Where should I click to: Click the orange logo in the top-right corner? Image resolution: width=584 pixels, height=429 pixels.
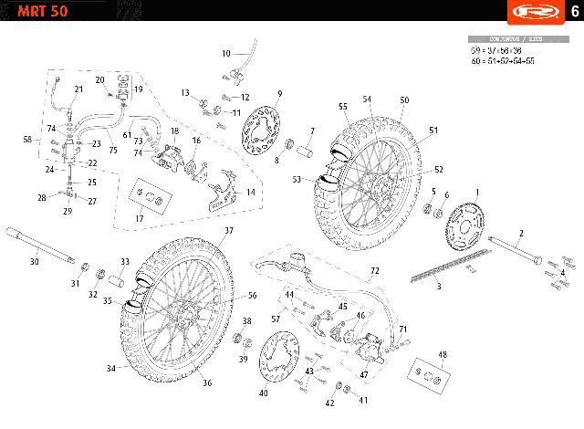click(x=533, y=13)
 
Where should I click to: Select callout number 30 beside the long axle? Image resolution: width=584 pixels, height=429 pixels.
click(x=34, y=262)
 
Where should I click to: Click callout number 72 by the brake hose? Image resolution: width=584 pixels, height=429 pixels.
click(x=374, y=272)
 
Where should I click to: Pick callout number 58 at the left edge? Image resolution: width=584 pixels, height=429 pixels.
click(x=28, y=140)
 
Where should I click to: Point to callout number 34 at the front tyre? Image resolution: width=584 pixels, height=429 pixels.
click(x=111, y=368)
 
